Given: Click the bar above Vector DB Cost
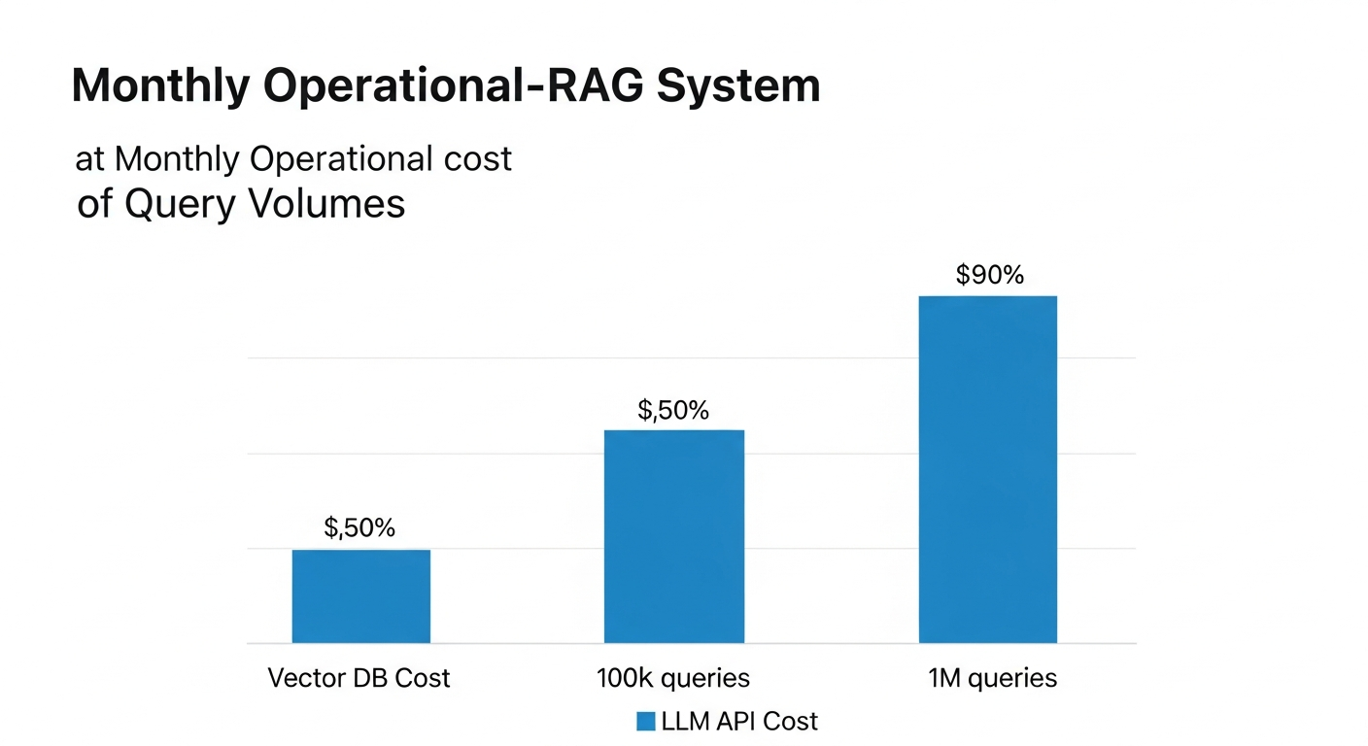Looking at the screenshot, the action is tap(360, 596).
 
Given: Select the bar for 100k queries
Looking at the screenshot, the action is tap(674, 536).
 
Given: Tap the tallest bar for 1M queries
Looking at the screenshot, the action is tap(987, 469).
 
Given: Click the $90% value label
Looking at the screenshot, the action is tap(990, 275).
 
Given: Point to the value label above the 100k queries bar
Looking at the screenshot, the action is tap(673, 410).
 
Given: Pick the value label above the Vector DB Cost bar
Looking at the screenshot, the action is tap(359, 528).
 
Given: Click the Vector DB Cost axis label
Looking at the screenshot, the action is tap(359, 677).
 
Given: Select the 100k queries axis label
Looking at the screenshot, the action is tap(673, 677).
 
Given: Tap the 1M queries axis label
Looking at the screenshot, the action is tap(991, 677).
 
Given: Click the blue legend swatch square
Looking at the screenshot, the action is tap(646, 721).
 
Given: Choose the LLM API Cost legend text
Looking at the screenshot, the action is tap(739, 721).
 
